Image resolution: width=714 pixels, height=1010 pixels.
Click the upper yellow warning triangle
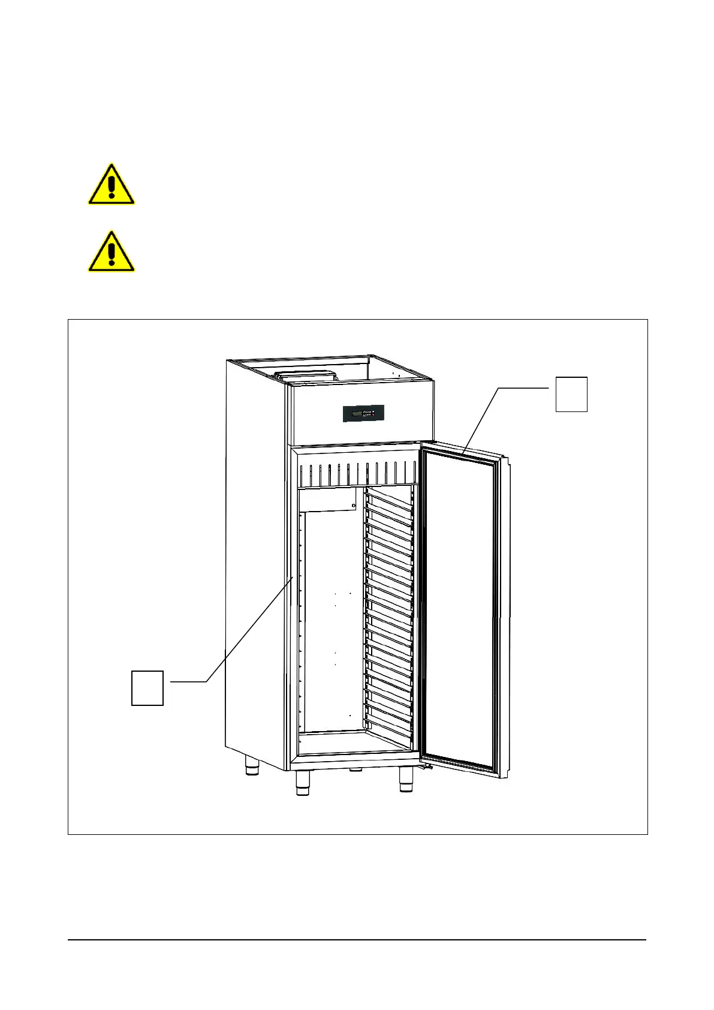(111, 185)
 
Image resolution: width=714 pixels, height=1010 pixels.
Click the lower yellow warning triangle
(111, 252)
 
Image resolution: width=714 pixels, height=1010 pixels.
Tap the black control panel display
(363, 413)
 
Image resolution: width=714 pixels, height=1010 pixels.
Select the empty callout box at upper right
(571, 394)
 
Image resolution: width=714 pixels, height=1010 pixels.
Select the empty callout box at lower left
(147, 688)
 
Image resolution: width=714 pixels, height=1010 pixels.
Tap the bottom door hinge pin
(426, 767)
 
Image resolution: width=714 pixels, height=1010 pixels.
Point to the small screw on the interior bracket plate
(354, 506)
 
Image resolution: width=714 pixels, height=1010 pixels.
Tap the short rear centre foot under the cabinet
(356, 769)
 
